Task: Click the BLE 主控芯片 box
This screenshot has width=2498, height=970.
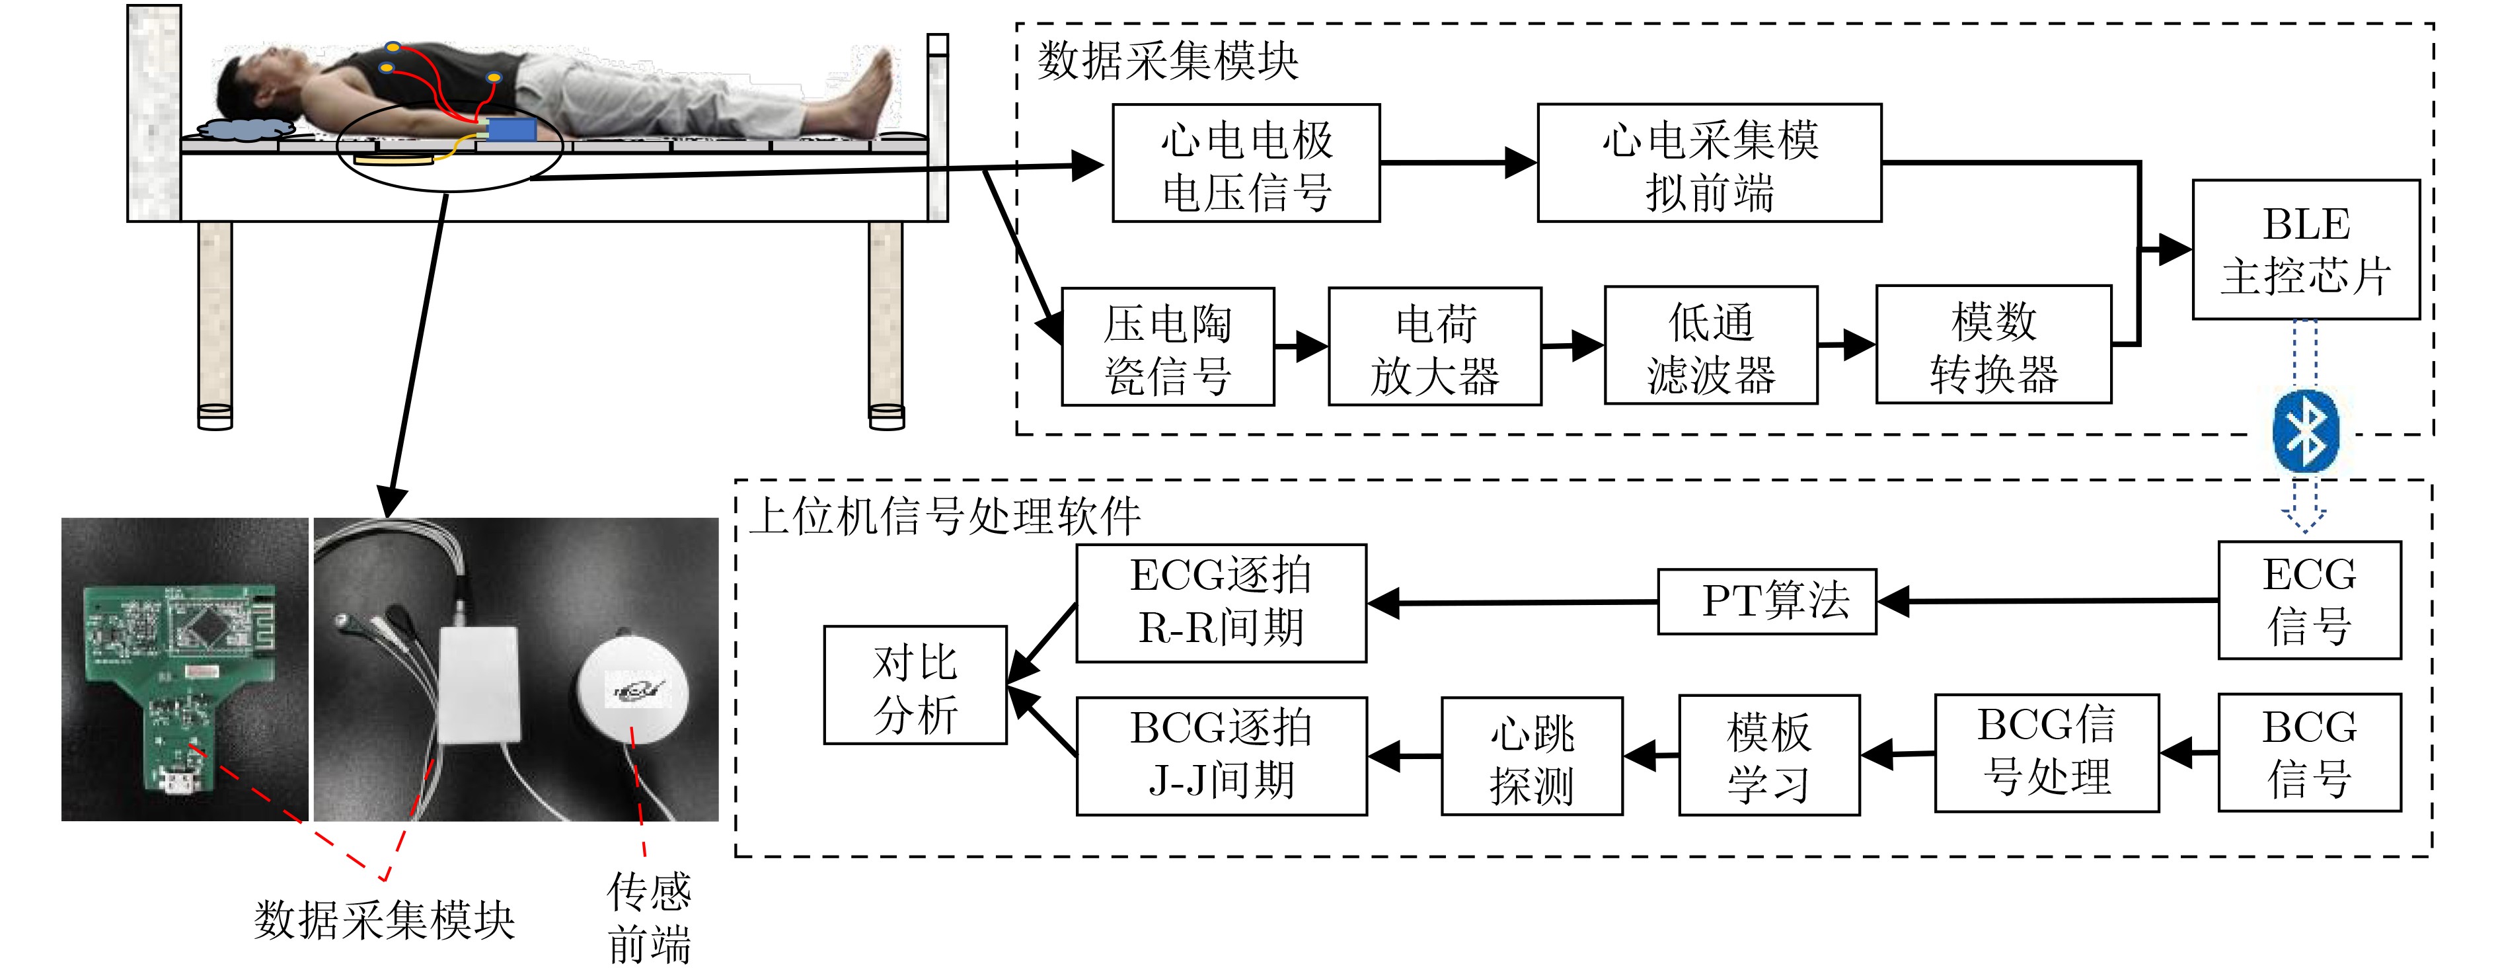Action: pos(2305,249)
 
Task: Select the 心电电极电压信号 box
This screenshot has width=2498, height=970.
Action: pos(1246,163)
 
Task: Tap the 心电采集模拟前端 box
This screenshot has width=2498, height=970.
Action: pos(1710,163)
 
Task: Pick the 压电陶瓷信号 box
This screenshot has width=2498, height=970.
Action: pos(1168,346)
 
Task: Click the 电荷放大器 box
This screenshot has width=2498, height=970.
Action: pos(1435,346)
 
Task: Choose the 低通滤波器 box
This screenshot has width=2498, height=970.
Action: pos(1710,345)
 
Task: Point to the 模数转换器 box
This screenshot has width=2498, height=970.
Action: pos(1994,344)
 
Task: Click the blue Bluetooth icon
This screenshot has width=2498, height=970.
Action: pos(2306,432)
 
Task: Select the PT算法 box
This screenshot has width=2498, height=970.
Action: pos(1767,602)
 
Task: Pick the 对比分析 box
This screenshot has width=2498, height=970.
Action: pos(915,685)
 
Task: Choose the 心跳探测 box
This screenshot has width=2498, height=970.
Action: pos(1532,756)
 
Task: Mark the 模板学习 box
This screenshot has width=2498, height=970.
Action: pos(1769,754)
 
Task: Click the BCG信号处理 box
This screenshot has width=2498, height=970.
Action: pos(2046,752)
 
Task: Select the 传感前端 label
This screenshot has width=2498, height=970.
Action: pos(649,916)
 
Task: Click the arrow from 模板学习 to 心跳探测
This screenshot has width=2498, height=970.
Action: pos(1651,754)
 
